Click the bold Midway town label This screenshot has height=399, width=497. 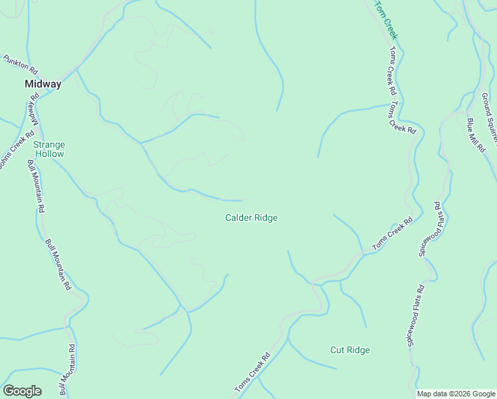pos(43,84)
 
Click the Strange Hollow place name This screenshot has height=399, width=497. pos(49,149)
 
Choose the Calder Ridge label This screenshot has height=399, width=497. pos(251,217)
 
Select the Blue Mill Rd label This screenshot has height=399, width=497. pos(476,135)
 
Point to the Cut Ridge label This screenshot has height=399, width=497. pos(349,350)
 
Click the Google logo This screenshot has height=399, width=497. pos(22,390)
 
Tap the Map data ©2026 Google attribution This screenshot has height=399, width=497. pos(456,394)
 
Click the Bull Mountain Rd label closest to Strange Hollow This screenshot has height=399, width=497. pos(37,186)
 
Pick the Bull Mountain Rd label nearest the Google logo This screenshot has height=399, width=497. pos(68,370)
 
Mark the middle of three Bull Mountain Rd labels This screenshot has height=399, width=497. pos(58,265)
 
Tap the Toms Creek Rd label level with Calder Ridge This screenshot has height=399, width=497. pos(393,233)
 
